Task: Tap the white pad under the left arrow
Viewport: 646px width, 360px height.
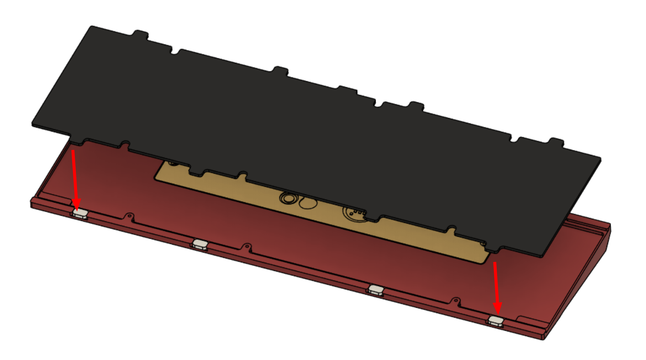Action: coord(80,213)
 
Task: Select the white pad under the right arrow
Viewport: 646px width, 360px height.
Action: coord(496,321)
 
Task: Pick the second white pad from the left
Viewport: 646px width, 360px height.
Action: coord(199,244)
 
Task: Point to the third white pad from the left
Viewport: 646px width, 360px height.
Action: coord(376,289)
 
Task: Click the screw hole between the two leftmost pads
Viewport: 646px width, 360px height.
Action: coord(130,216)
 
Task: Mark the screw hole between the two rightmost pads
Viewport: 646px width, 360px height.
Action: coord(456,301)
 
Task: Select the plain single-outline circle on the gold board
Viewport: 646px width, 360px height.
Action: coord(308,203)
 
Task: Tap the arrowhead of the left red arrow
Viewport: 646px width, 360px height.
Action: coord(77,205)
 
